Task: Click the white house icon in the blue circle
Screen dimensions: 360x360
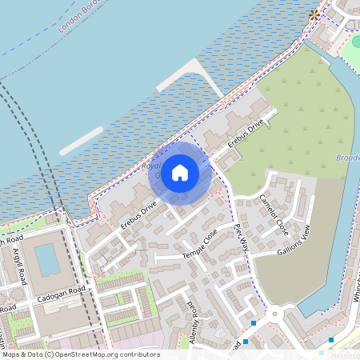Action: click(180, 172)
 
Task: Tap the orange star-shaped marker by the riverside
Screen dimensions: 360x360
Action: click(314, 14)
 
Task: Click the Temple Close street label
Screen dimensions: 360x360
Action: click(199, 242)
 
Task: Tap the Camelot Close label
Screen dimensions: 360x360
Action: click(273, 214)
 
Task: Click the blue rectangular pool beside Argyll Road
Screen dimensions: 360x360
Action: click(47, 259)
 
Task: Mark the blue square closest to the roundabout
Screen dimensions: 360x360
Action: click(254, 322)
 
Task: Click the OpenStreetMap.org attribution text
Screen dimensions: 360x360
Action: click(107, 354)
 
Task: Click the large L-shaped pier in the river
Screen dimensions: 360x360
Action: click(192, 77)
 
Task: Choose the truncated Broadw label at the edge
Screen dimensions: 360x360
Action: click(348, 158)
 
